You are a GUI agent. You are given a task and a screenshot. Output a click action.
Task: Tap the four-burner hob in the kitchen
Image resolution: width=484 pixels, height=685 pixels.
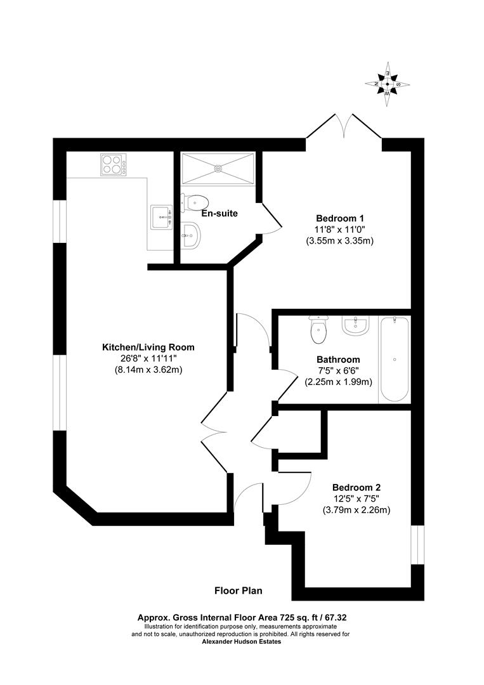(x=112, y=165)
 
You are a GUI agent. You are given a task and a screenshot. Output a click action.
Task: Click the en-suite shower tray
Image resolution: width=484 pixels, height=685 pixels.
(x=218, y=168)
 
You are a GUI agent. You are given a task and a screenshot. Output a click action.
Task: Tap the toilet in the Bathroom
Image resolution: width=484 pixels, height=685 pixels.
(x=318, y=329)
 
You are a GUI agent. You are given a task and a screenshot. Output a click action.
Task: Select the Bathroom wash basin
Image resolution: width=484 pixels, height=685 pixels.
(x=355, y=327)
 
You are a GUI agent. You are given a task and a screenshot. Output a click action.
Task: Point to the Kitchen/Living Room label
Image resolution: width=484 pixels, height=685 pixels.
(x=148, y=347)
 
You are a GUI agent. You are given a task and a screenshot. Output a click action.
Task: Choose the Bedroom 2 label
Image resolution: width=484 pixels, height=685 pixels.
(x=356, y=487)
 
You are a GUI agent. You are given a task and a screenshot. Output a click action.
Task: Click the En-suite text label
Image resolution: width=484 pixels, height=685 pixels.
(x=219, y=213)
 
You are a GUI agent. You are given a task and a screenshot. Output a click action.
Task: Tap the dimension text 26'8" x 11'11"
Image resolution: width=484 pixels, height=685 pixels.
(x=148, y=358)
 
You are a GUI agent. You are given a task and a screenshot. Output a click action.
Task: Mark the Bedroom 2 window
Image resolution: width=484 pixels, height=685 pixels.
(x=417, y=544)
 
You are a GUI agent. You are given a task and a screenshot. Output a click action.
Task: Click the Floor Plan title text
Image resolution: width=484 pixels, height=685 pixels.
(x=238, y=590)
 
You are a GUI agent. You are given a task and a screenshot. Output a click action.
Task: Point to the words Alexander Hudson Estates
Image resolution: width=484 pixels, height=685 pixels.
(x=241, y=642)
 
